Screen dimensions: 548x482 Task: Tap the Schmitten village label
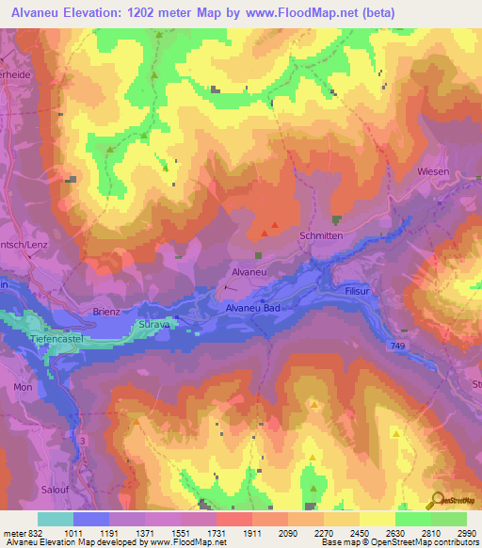coord(320,236)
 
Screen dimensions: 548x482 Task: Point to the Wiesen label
coord(433,172)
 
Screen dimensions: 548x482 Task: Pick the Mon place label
coord(23,387)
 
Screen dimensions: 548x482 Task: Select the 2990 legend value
coord(466,533)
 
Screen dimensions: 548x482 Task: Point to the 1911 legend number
coord(250,533)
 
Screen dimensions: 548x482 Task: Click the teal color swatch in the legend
coord(56,519)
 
